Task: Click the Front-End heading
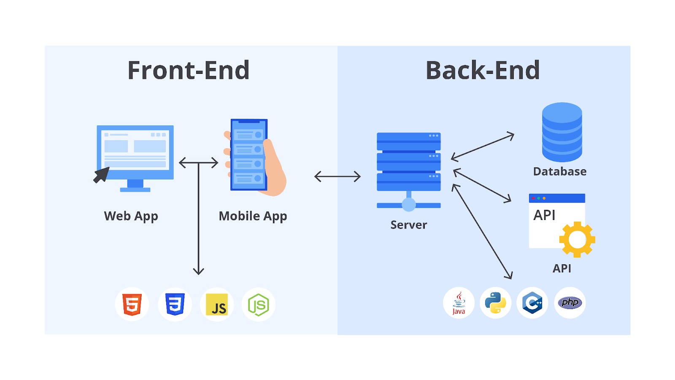pos(189,70)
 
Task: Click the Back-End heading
pos(483,70)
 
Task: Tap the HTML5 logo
pos(132,304)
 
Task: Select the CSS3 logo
pos(175,304)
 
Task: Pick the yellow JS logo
pos(217,304)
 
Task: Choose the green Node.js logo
pos(259,304)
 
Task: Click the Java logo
pos(459,303)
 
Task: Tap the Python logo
pos(495,303)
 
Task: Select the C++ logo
pos(532,303)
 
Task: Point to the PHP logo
pos(570,302)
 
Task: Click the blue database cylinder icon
pos(562,132)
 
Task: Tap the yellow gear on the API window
pos(577,239)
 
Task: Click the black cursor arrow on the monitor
pos(101,175)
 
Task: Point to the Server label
pos(409,225)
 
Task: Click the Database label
pos(560,171)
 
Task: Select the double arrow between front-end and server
pos(337,176)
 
